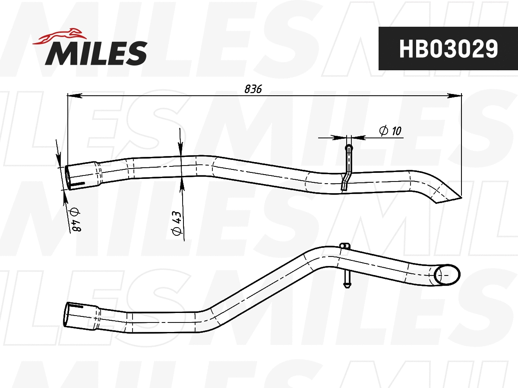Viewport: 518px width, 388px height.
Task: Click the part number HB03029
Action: pyautogui.click(x=449, y=49)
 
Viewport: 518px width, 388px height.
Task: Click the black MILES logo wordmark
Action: pyautogui.click(x=96, y=53)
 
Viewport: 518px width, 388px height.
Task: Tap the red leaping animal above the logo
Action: pyautogui.click(x=60, y=37)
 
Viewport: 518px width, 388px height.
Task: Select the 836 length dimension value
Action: pyautogui.click(x=253, y=89)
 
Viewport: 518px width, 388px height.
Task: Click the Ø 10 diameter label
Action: pyautogui.click(x=390, y=131)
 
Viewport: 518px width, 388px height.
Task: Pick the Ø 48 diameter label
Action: pyautogui.click(x=76, y=219)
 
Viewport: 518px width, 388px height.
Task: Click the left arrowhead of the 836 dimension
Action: pyautogui.click(x=75, y=96)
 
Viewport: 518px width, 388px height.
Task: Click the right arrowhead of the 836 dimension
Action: pyautogui.click(x=455, y=96)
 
